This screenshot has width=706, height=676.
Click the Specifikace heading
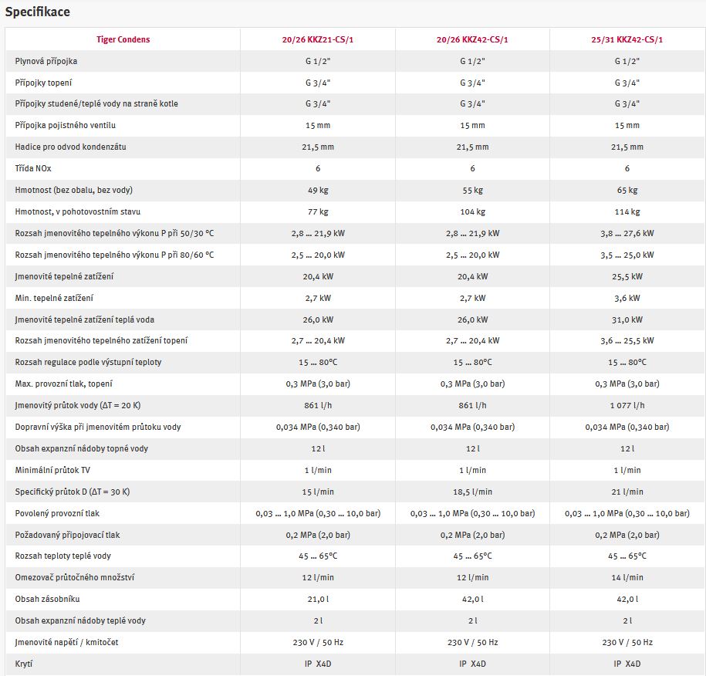(x=37, y=12)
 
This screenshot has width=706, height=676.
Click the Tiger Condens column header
(x=123, y=39)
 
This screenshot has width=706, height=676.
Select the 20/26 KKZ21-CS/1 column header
(x=318, y=39)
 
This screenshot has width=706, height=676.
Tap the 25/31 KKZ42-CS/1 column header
(x=627, y=39)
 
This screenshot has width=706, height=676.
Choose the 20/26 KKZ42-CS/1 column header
(x=472, y=39)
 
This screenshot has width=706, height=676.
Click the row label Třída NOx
(x=33, y=168)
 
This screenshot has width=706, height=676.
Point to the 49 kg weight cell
(x=318, y=190)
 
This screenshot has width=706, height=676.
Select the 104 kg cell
(x=472, y=211)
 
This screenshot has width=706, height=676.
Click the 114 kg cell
(x=627, y=211)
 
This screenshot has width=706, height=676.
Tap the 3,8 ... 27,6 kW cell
(x=627, y=233)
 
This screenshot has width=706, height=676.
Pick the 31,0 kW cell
(x=627, y=319)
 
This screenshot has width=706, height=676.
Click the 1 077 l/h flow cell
(x=627, y=405)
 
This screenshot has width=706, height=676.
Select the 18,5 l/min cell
(x=472, y=492)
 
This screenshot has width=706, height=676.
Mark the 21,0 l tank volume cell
(x=318, y=599)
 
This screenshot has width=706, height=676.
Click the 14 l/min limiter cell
(x=627, y=577)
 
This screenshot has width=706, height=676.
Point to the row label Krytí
(x=24, y=664)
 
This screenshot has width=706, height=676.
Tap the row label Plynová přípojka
(x=46, y=61)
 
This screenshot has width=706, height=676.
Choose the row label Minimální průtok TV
(x=52, y=470)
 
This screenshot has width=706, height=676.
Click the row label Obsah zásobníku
(x=47, y=599)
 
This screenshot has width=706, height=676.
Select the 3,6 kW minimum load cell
(x=627, y=298)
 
